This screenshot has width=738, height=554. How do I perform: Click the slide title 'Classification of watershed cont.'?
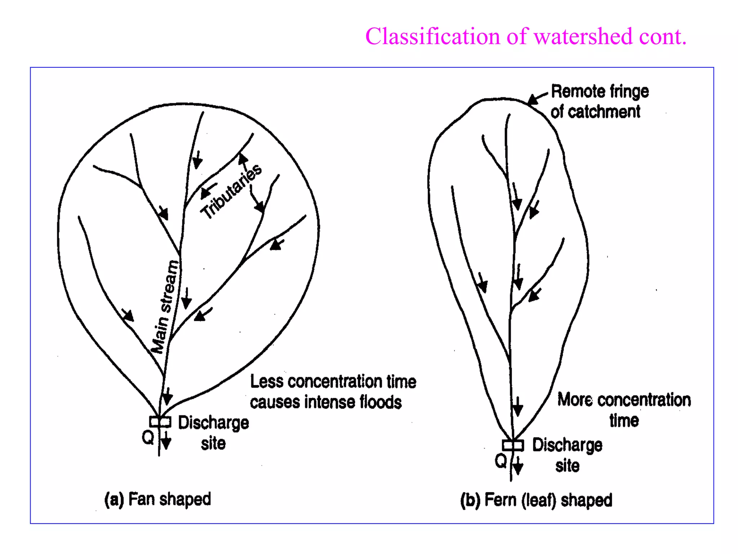(x=526, y=36)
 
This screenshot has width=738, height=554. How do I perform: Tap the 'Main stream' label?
(x=165, y=307)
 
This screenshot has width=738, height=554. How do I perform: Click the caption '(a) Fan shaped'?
(x=157, y=500)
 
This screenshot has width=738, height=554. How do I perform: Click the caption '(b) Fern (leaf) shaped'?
(x=536, y=500)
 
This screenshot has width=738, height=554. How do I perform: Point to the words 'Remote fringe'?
(x=600, y=92)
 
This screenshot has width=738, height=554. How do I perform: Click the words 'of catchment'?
(x=595, y=112)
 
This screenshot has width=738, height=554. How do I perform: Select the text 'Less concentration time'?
(x=333, y=382)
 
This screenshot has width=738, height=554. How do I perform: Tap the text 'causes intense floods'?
(x=326, y=402)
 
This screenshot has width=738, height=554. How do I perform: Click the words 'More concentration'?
(x=624, y=400)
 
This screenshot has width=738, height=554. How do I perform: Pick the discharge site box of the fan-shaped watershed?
(x=160, y=421)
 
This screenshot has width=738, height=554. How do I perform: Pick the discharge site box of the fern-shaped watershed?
(x=513, y=445)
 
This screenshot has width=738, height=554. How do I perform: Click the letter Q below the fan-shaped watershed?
(x=148, y=438)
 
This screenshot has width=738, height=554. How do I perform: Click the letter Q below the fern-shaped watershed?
(x=501, y=461)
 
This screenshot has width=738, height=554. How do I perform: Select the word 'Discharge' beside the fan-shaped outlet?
(x=213, y=423)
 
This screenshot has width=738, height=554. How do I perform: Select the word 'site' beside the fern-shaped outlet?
(x=567, y=466)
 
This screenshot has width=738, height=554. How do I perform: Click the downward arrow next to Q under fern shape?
(x=518, y=466)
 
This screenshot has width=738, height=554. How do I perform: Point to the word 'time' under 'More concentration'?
(x=624, y=421)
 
